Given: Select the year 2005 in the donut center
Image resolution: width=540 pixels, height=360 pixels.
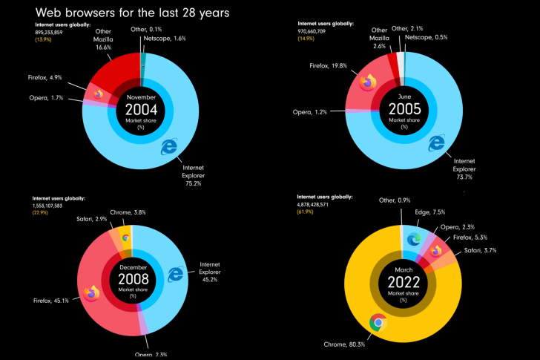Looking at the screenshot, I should point(404,109).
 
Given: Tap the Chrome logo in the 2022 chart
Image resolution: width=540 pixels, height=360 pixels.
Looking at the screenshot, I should point(378,322).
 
